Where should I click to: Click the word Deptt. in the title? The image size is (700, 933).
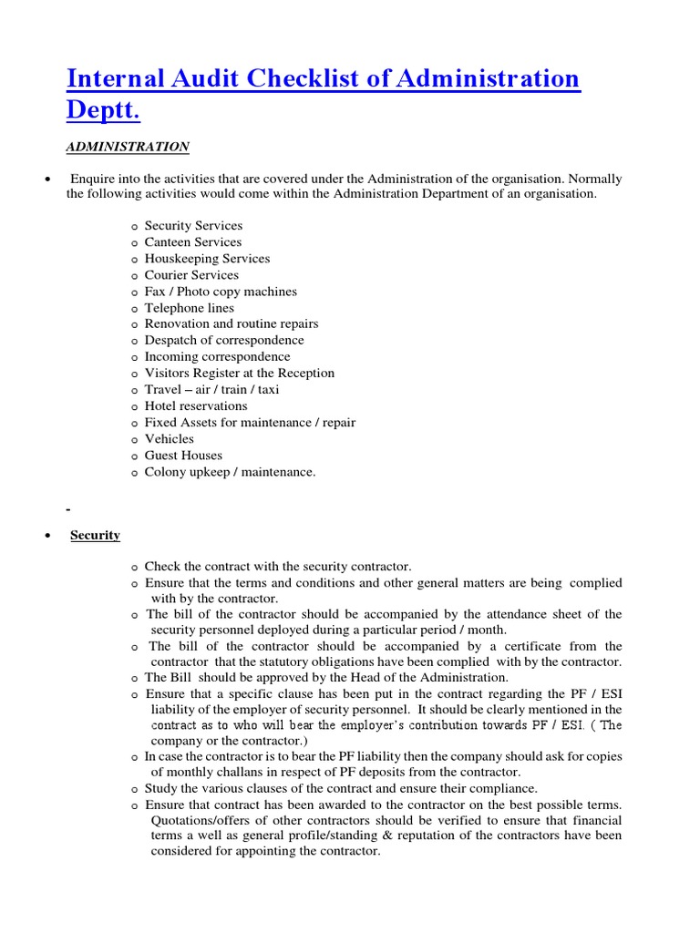click(104, 111)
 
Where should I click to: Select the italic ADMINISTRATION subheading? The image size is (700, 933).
click(128, 147)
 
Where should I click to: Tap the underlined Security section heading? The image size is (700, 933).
click(95, 535)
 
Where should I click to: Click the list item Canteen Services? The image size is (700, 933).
click(192, 242)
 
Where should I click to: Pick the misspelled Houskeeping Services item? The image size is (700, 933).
click(207, 259)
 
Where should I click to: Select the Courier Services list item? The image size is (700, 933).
click(191, 275)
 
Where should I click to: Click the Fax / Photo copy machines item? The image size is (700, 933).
click(221, 292)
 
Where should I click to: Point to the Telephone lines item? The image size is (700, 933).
click(189, 308)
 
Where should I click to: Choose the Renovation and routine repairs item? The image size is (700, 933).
click(232, 323)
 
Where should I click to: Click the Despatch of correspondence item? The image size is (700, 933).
click(224, 340)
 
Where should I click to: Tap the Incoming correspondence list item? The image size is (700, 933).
click(217, 356)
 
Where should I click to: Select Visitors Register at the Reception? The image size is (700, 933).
click(239, 373)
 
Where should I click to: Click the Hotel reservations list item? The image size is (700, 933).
click(196, 405)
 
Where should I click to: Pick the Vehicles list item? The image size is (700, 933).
click(170, 438)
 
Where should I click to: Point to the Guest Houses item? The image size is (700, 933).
click(183, 455)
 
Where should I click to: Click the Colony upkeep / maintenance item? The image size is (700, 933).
click(230, 472)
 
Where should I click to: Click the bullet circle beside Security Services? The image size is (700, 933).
click(134, 227)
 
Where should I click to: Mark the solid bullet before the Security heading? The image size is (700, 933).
click(46, 536)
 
